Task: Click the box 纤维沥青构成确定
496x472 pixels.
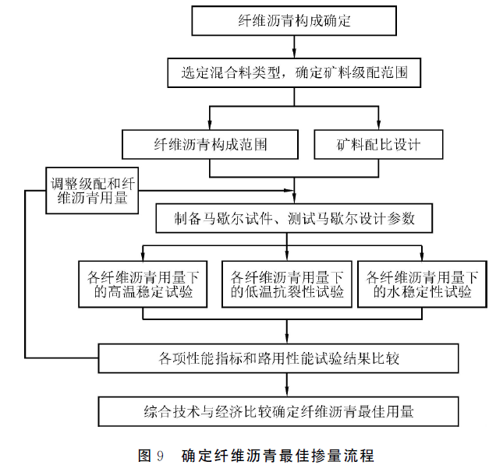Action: coord(294,20)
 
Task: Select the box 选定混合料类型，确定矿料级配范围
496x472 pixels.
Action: coord(294,72)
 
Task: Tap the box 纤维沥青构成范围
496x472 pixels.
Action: coord(210,144)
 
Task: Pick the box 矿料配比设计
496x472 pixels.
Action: coord(378,144)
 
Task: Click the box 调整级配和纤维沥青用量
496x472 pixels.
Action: coord(92,191)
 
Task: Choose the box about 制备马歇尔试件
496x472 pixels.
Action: coord(294,218)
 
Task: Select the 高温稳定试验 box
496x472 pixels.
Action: coord(143,284)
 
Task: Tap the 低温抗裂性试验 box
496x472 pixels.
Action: coord(287,284)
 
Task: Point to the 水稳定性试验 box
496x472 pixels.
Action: coord(422,284)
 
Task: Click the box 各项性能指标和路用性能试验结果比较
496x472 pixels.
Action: coord(278,358)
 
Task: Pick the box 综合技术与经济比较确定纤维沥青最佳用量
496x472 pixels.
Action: coord(278,412)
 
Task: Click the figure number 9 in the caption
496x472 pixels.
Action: coord(160,456)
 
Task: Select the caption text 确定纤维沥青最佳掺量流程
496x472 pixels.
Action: coord(278,456)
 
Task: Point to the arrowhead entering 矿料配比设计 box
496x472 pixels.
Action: coord(379,125)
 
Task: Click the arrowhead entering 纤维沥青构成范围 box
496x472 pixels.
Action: coord(210,125)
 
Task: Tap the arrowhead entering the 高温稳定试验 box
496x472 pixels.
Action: coord(143,256)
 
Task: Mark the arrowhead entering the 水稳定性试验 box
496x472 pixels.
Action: coord(422,256)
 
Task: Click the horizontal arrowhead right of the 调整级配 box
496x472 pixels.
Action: coord(289,191)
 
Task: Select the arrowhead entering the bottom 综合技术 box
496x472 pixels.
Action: coord(287,392)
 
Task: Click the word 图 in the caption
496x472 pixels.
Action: coord(144,456)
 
